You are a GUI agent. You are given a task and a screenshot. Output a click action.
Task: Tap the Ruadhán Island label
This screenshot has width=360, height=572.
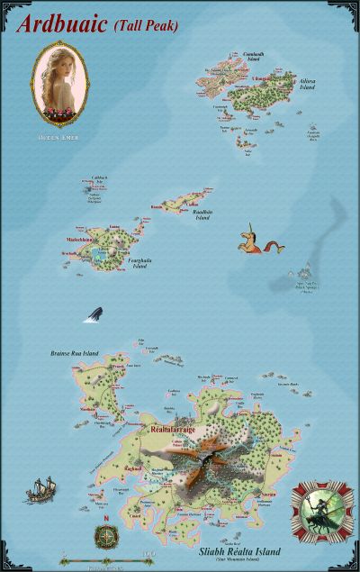[208, 215]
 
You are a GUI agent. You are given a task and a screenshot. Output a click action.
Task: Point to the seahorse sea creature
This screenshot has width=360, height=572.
[250, 241]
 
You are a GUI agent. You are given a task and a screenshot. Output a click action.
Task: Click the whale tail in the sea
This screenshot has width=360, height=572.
[94, 313]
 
